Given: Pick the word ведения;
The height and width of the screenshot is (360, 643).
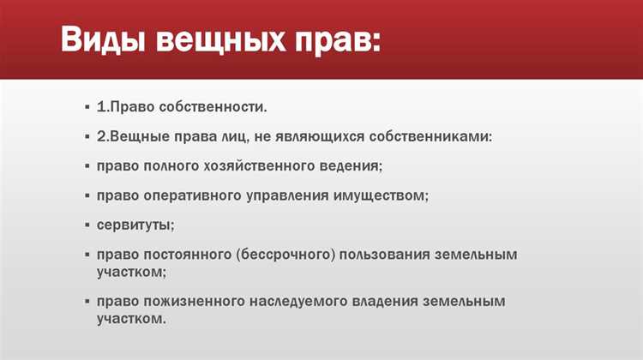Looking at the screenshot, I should click(x=352, y=166).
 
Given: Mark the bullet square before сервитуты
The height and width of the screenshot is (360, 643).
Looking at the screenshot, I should click(x=88, y=225).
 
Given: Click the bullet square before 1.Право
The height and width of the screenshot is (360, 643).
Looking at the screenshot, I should click(x=88, y=108).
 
